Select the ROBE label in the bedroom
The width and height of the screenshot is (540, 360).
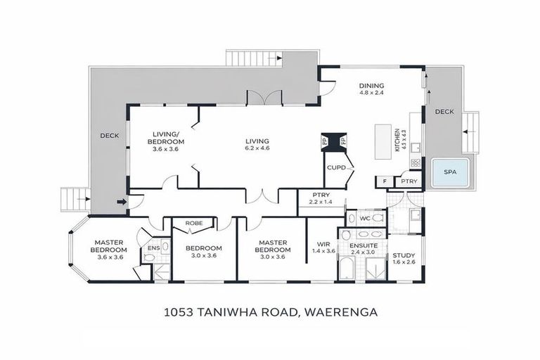click(x=194, y=223)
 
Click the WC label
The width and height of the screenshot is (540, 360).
click(x=364, y=219)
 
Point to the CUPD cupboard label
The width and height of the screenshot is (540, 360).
click(x=334, y=167)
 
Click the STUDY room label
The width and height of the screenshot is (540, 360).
click(x=404, y=255)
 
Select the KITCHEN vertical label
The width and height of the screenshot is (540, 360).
click(x=397, y=141)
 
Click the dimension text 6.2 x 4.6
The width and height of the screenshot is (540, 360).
click(x=257, y=148)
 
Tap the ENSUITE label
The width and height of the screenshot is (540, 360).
click(x=364, y=245)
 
